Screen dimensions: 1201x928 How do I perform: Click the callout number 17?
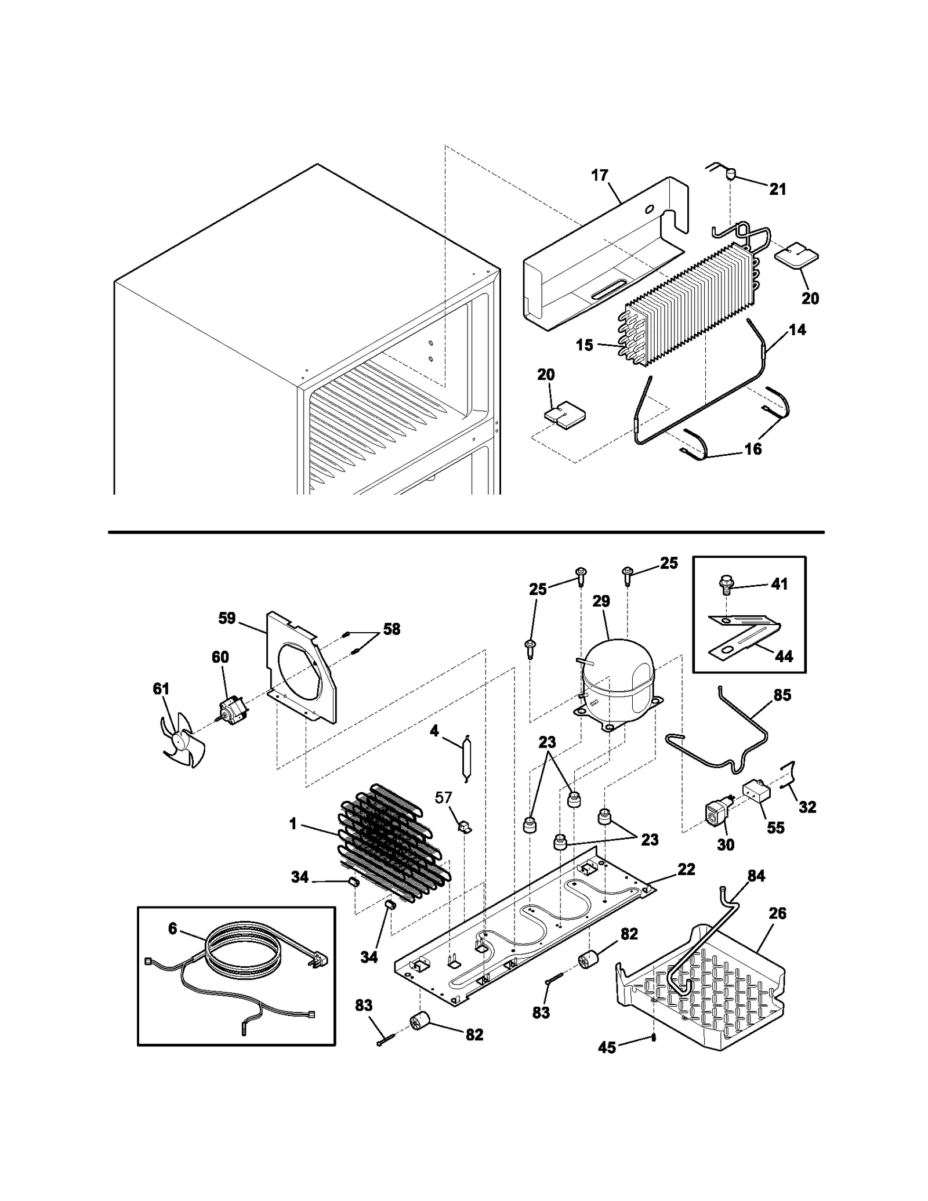600,175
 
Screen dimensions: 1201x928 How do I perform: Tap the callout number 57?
444,797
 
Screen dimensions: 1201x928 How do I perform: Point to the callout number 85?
782,695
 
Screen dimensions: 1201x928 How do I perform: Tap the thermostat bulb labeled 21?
731,173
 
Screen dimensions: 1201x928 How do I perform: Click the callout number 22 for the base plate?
686,885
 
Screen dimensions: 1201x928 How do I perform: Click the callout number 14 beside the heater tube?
797,330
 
